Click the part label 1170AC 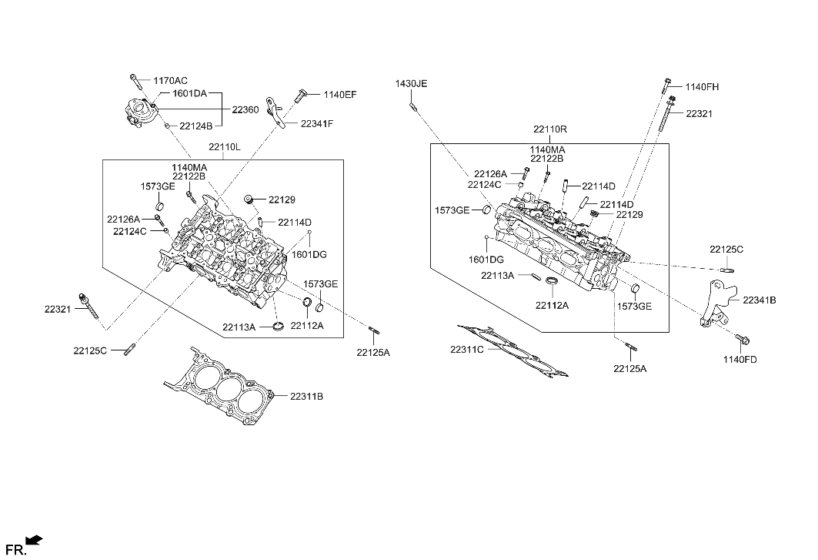click(x=170, y=80)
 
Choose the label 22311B click(x=306, y=396)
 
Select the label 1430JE click(x=412, y=82)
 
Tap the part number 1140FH click(x=702, y=87)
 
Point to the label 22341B click(x=759, y=300)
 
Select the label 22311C click(x=468, y=350)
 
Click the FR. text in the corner click(x=15, y=549)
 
